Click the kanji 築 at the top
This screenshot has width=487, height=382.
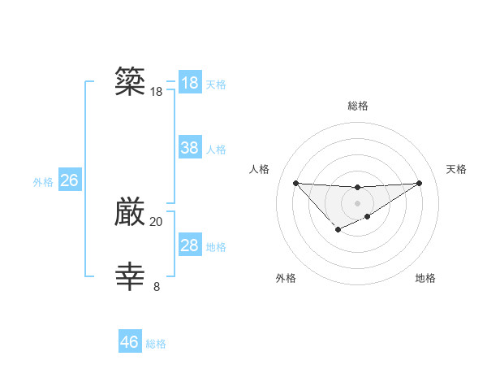(x=131, y=82)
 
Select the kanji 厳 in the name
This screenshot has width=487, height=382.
(x=131, y=212)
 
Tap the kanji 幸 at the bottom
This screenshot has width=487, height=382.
(x=131, y=276)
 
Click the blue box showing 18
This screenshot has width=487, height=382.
(x=190, y=83)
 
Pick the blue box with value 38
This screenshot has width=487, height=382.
(x=190, y=148)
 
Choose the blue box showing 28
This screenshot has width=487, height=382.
(x=190, y=245)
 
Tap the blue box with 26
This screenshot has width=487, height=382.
(x=69, y=180)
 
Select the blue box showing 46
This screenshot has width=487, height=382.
(x=130, y=342)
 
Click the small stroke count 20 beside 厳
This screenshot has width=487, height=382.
(x=156, y=221)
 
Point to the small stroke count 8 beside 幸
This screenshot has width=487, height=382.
(x=157, y=286)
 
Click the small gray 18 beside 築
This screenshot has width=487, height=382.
(x=156, y=92)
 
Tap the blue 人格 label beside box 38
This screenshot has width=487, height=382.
(x=216, y=150)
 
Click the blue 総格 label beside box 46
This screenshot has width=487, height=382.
(x=156, y=344)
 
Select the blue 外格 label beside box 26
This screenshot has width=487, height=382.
(x=43, y=182)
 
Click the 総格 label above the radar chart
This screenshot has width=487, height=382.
(x=357, y=106)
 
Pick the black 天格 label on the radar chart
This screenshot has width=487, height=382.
(x=457, y=169)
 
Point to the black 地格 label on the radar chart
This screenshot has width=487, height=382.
(x=425, y=278)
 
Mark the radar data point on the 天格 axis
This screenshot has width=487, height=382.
(x=419, y=183)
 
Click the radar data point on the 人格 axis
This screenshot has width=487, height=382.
(x=295, y=183)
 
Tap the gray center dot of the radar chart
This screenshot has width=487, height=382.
(x=357, y=202)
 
